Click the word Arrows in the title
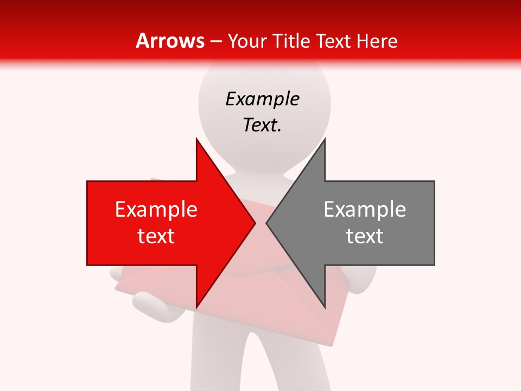point(170,41)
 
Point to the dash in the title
point(215,41)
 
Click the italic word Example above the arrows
point(263,99)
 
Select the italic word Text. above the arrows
point(263,125)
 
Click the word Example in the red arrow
point(156,210)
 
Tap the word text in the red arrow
point(156,236)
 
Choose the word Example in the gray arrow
point(365,210)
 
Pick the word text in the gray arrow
point(365,236)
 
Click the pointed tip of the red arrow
point(255,222)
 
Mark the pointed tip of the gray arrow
point(266,222)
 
